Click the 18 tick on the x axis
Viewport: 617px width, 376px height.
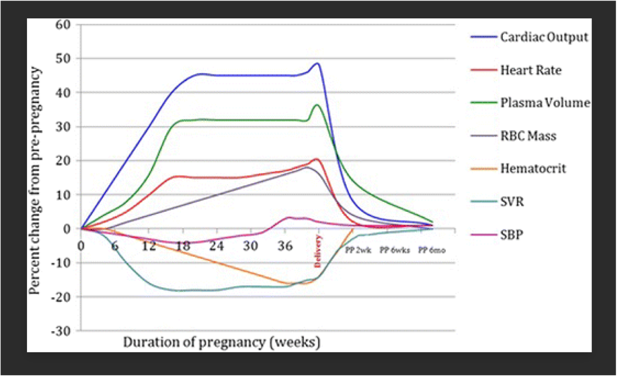click(x=183, y=246)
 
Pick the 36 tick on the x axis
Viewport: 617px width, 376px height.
click(x=285, y=246)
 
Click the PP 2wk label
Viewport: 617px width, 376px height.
click(x=357, y=251)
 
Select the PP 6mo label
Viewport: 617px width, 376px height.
click(x=432, y=251)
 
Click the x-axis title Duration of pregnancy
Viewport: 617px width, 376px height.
click(x=222, y=343)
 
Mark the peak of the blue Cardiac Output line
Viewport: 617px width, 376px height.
click(x=318, y=63)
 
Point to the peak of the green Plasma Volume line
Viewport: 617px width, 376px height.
click(x=318, y=105)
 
